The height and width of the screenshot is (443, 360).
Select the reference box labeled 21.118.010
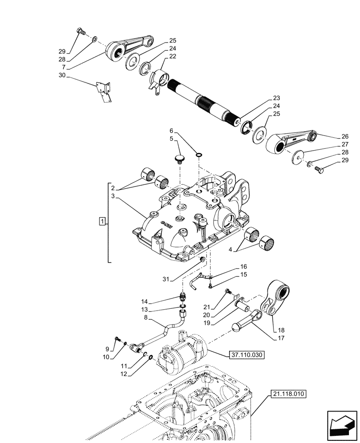[287, 393]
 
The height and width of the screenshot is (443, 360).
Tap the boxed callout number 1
[102, 221]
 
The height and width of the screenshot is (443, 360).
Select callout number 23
[277, 98]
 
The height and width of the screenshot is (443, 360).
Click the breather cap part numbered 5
[179, 158]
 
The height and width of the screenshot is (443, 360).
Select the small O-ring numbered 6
[199, 155]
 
